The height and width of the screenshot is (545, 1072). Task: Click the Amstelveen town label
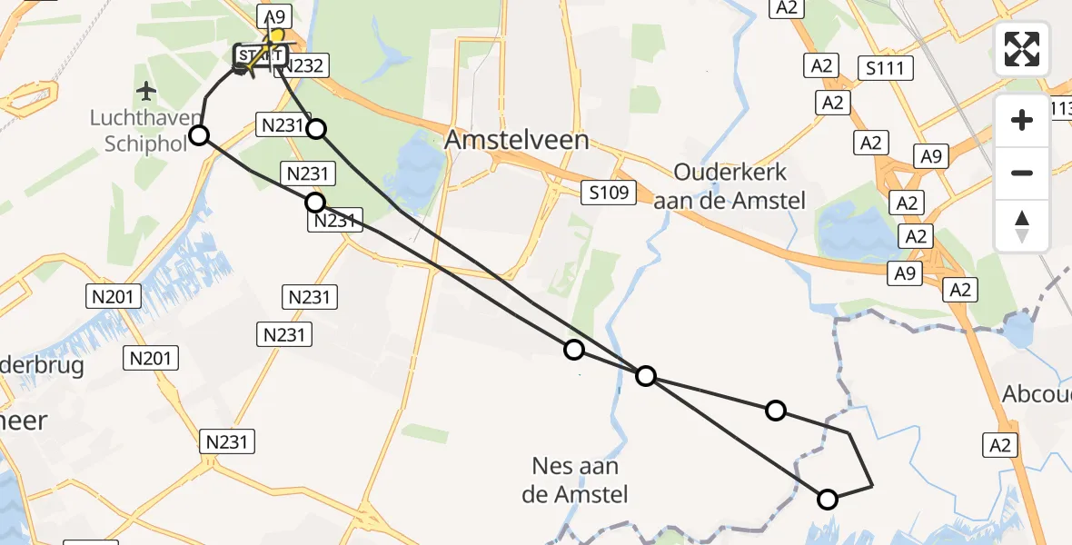(517, 140)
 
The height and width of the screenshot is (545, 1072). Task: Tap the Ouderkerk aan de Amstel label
(730, 186)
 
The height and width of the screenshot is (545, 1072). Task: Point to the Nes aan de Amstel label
(577, 481)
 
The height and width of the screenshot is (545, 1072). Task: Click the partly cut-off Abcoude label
(1037, 394)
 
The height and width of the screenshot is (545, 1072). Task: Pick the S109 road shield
(605, 192)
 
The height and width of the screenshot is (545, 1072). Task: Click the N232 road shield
(305, 65)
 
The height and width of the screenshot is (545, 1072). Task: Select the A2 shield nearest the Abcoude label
(1000, 445)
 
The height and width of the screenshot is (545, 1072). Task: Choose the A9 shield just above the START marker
(274, 15)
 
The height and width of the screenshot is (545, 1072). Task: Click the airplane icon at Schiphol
(145, 91)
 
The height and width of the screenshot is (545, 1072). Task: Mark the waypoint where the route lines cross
(645, 375)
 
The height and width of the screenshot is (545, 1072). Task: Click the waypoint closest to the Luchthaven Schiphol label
(199, 136)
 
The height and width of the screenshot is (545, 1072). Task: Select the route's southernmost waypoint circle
(828, 499)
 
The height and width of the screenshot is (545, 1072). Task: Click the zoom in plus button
(1022, 120)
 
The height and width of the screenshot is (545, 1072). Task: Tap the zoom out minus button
(1022, 173)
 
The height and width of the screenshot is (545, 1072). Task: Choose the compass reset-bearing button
(1022, 226)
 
